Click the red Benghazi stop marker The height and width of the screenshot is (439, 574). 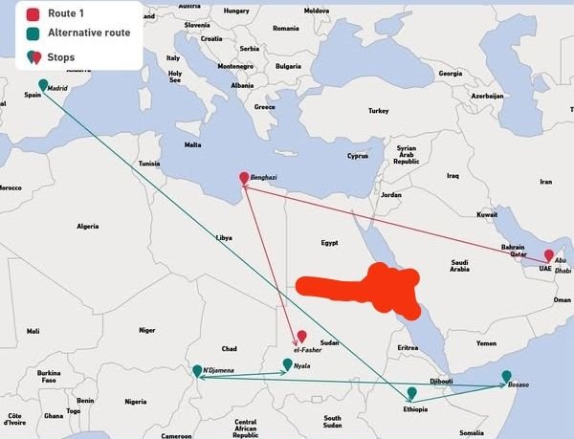pos(244,178)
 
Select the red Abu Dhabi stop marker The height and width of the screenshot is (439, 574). pos(549,256)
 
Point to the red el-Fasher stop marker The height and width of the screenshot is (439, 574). pos(302,337)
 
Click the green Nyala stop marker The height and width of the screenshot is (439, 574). pos(287,364)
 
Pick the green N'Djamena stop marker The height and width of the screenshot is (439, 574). pos(198,371)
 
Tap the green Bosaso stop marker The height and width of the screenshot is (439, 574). pos(507,376)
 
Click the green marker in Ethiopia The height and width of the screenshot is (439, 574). pos(411,393)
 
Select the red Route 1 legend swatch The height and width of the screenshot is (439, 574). pos(33,14)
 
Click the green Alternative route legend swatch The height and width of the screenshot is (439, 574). pos(33,35)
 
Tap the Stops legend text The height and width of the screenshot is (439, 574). pos(60,57)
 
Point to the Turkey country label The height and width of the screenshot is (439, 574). pos(378,111)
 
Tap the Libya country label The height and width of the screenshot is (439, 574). pos(224,236)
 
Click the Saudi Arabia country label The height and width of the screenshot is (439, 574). pos(460,265)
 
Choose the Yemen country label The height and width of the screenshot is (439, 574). pos(487,342)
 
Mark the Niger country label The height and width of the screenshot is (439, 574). pos(146,330)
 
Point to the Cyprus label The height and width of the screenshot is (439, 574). pos(358,156)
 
